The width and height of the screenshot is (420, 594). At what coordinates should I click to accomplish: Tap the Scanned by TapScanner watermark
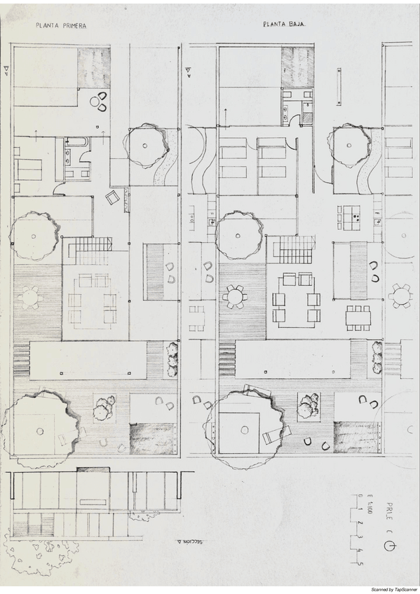(x=393, y=590)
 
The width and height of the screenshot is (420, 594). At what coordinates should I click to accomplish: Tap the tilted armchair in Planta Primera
(x=113, y=198)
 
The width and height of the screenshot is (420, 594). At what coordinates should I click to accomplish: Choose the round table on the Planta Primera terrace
(x=30, y=297)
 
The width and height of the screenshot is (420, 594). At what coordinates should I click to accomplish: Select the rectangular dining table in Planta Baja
(x=358, y=317)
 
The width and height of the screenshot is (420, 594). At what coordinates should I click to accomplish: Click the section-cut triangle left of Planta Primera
(x=6, y=69)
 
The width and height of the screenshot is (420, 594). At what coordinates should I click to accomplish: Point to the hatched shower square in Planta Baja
(x=308, y=118)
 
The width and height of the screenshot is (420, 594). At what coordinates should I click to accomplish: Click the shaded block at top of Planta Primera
(x=93, y=67)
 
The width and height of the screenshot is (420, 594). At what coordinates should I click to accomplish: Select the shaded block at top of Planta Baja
(x=297, y=67)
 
